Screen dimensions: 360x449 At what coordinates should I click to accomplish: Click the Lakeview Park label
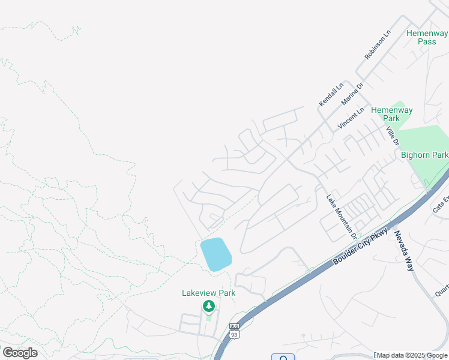click(209, 293)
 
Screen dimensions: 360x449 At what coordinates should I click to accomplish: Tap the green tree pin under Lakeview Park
click(209, 307)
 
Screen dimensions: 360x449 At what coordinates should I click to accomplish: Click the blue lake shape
click(215, 254)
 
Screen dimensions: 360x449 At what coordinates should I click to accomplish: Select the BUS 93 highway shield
click(234, 331)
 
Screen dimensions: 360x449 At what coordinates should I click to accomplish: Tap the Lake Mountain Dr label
click(342, 217)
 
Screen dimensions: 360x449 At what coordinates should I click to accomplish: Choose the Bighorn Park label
click(424, 155)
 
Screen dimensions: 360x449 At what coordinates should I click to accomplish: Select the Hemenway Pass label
click(427, 37)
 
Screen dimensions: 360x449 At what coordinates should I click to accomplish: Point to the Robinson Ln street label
click(378, 45)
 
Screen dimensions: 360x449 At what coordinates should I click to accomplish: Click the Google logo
click(20, 353)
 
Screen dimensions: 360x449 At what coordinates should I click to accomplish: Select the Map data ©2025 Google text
click(412, 355)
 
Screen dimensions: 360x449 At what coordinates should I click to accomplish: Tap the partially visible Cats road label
click(441, 203)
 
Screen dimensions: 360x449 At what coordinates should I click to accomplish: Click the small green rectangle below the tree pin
click(208, 317)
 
